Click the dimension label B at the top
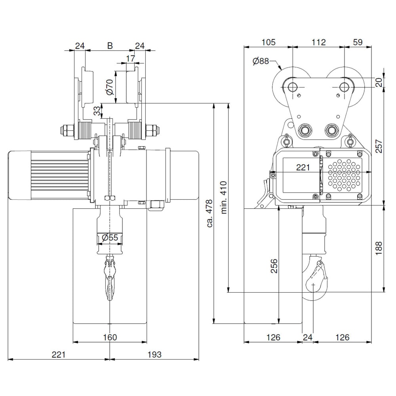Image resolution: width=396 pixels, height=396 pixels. pyautogui.click(x=110, y=46)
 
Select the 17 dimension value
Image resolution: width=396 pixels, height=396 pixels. pyautogui.click(x=130, y=59)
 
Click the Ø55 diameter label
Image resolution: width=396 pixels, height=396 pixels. pyautogui.click(x=110, y=238)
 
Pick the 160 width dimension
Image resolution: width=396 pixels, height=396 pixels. pyautogui.click(x=110, y=337)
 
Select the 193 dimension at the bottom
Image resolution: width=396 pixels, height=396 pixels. pyautogui.click(x=154, y=354)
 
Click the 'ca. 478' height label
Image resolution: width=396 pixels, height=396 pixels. pyautogui.click(x=209, y=213)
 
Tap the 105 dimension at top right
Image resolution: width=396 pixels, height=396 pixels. pyautogui.click(x=268, y=42)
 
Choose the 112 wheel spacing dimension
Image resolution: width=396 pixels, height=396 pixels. pyautogui.click(x=318, y=42)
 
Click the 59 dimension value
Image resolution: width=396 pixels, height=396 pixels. pyautogui.click(x=358, y=42)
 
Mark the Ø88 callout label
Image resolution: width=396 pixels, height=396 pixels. pyautogui.click(x=260, y=61)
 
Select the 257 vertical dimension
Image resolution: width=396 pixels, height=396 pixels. pyautogui.click(x=379, y=147)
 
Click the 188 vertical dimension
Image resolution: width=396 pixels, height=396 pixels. pyautogui.click(x=379, y=247)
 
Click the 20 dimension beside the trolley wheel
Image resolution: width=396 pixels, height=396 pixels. pyautogui.click(x=379, y=82)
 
